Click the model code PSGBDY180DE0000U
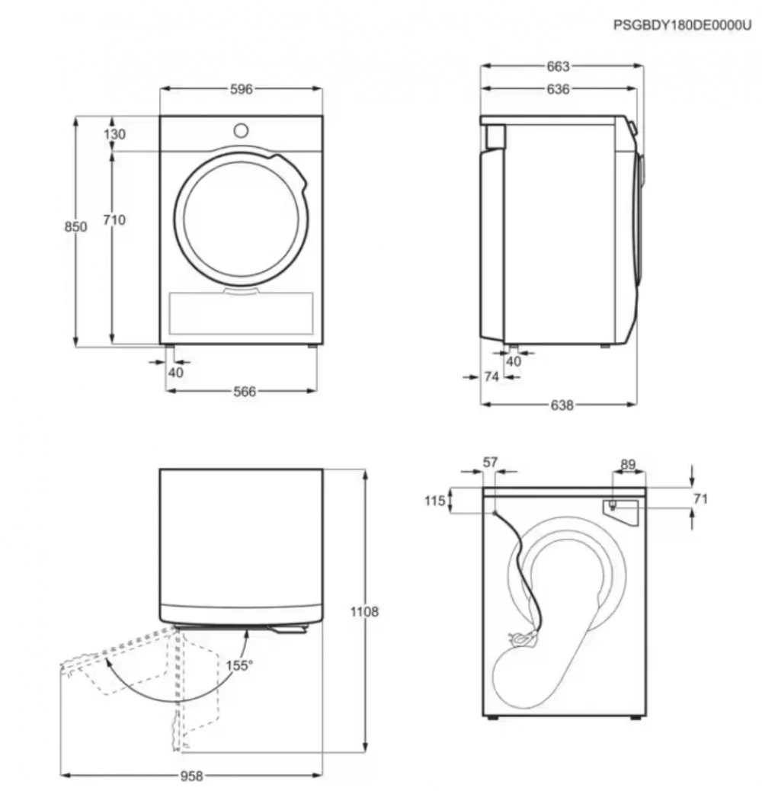coord(682,25)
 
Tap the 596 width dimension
coord(241,89)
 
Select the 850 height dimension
coord(75,227)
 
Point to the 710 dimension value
coord(114,220)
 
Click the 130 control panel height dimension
coord(114,134)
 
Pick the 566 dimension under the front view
coord(245,392)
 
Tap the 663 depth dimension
coord(559,66)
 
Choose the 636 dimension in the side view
coord(559,89)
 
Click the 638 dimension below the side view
coord(562,405)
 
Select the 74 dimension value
coord(491,377)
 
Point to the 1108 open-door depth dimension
coord(364,612)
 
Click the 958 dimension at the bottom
coord(191,776)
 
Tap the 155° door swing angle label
coord(239,665)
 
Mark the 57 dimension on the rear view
coord(490,462)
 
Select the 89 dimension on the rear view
coord(628,464)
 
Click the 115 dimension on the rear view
coord(434,501)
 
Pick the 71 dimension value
coord(701,499)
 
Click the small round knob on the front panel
coord(241,131)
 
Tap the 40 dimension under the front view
coord(175,373)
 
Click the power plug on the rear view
coord(523,639)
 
